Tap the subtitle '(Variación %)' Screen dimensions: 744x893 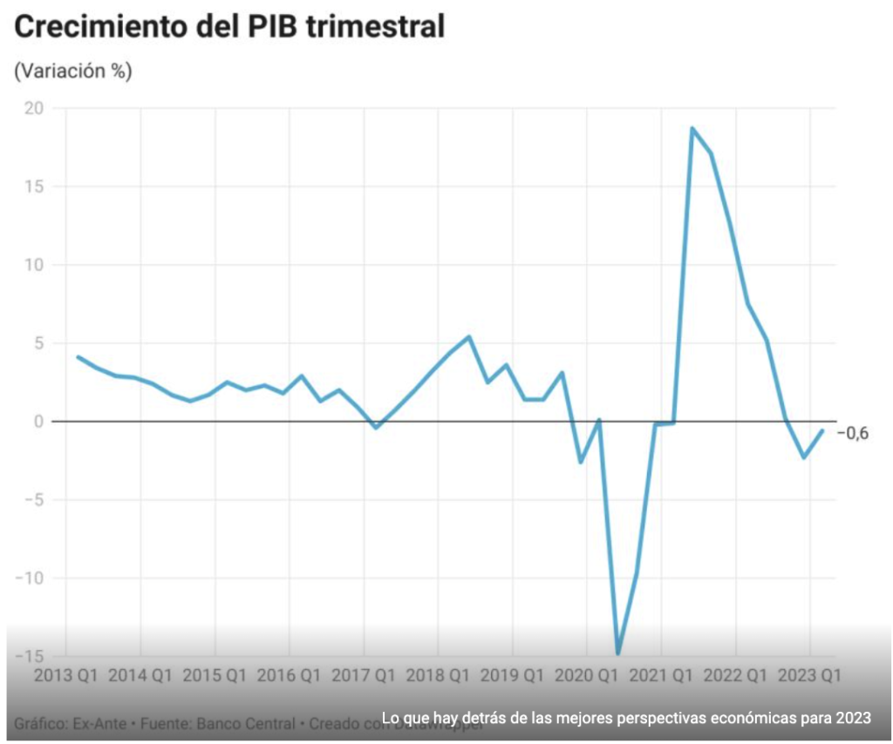[x=73, y=71]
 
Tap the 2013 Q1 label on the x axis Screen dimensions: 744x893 [x=65, y=675]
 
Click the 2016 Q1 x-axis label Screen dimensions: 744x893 [x=289, y=675]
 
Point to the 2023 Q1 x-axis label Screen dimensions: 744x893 [x=810, y=675]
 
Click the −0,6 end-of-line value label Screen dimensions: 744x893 [x=854, y=433]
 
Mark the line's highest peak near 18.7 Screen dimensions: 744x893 [x=692, y=129]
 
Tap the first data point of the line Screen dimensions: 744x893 [x=78, y=357]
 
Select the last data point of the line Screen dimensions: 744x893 [x=821, y=430]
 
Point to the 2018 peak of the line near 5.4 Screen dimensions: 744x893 [x=469, y=336]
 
